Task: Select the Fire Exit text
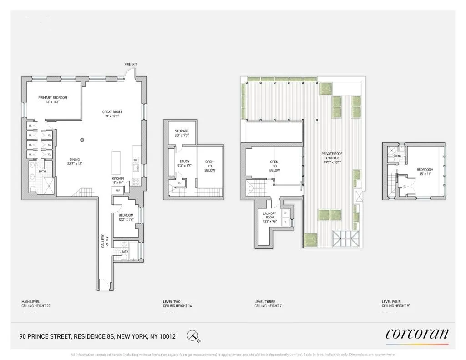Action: [x=131, y=65]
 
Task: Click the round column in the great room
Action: [x=82, y=140]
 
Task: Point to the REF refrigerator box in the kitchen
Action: [x=117, y=190]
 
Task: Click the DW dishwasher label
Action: [x=136, y=160]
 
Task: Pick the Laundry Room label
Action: [x=268, y=215]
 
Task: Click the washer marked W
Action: [x=285, y=213]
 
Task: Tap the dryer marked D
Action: [x=285, y=222]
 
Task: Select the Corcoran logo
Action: [x=417, y=335]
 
